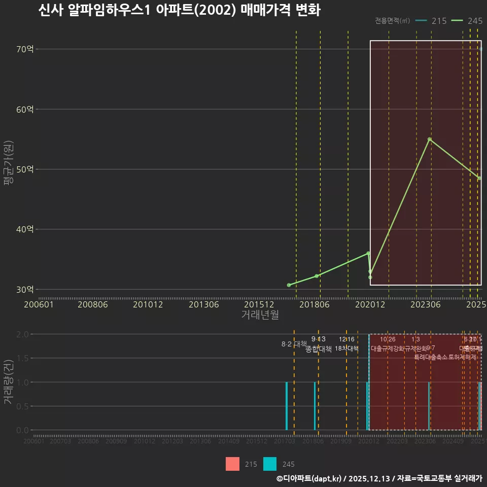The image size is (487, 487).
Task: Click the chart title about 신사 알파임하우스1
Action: [x=179, y=10]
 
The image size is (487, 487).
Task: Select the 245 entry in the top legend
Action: [x=467, y=21]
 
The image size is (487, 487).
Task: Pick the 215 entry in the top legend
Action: [x=431, y=21]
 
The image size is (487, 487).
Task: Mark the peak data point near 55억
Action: [x=430, y=139]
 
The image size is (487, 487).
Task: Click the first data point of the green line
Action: [x=289, y=285]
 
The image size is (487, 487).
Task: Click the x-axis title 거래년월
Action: [x=260, y=315]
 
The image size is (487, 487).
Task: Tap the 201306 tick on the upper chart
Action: [x=204, y=304]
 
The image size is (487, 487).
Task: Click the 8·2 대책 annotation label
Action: [x=291, y=344]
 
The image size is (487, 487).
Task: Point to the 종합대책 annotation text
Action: [x=318, y=349]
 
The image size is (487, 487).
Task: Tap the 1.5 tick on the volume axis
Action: [x=22, y=358]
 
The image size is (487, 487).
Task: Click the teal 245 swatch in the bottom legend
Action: [x=270, y=464]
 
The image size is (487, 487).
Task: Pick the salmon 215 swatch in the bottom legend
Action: [x=232, y=464]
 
